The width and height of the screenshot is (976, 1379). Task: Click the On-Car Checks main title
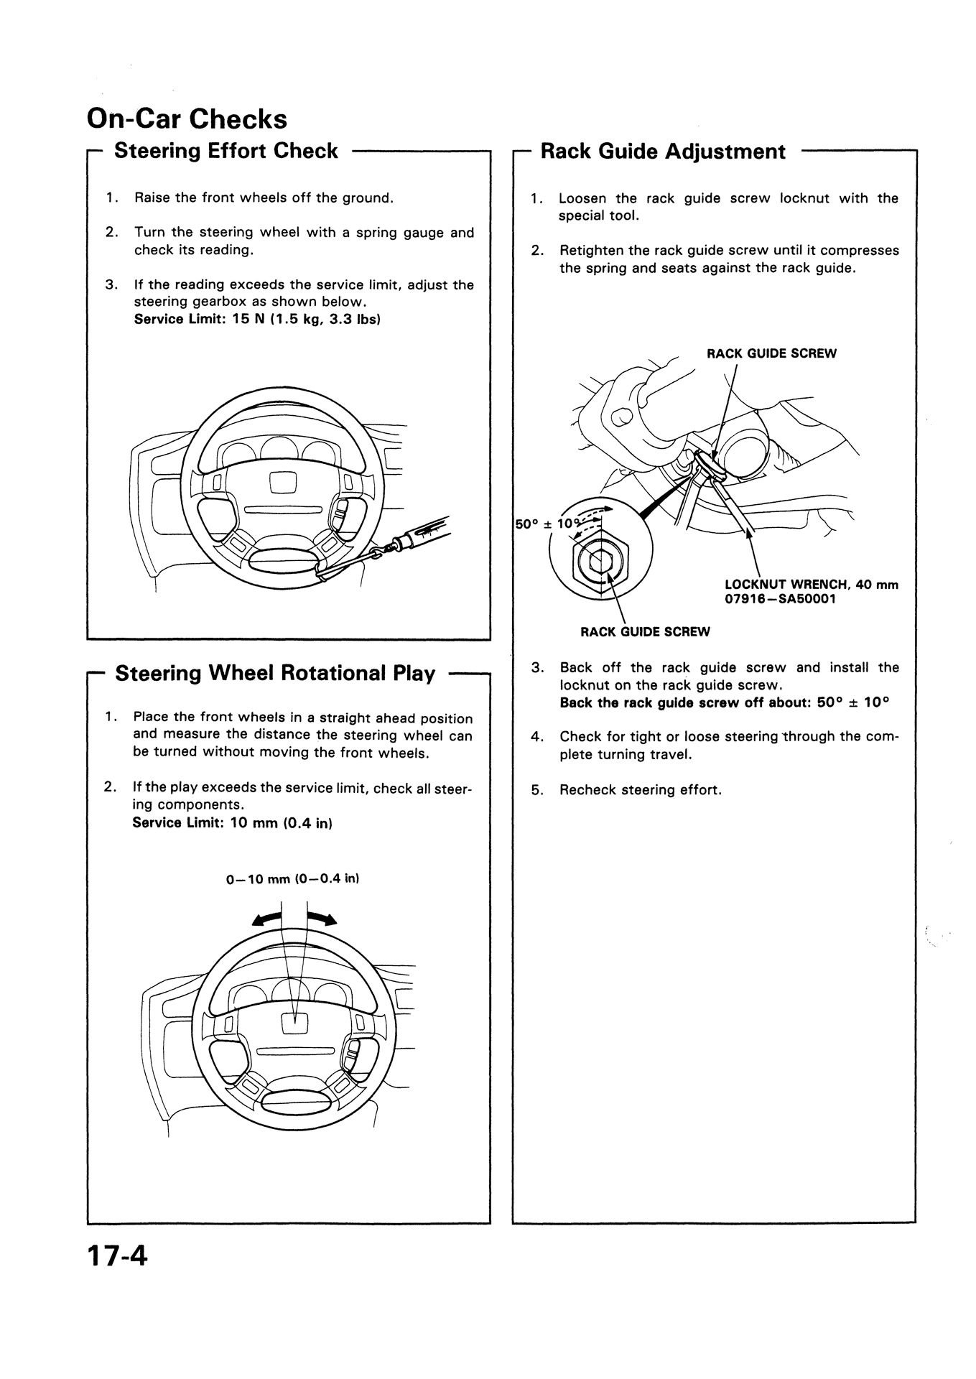coord(187,119)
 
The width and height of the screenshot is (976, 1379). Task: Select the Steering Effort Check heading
coord(226,151)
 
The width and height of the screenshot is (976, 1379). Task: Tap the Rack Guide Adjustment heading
coord(662,152)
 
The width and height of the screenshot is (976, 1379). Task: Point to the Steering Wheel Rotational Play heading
coord(275,674)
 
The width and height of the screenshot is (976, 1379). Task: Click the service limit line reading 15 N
coord(256,319)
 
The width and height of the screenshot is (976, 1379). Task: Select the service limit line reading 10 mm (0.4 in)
coord(231,822)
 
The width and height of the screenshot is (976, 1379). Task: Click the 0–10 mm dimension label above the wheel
coord(292,879)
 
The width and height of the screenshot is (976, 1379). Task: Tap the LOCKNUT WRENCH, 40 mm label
coord(811,585)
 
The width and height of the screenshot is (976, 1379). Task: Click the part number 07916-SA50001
coord(780,598)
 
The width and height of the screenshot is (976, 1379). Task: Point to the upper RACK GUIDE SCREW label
coord(771,353)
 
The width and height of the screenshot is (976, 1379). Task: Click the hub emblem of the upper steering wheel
coord(282,480)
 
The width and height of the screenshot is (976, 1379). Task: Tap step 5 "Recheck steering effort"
coord(640,790)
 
